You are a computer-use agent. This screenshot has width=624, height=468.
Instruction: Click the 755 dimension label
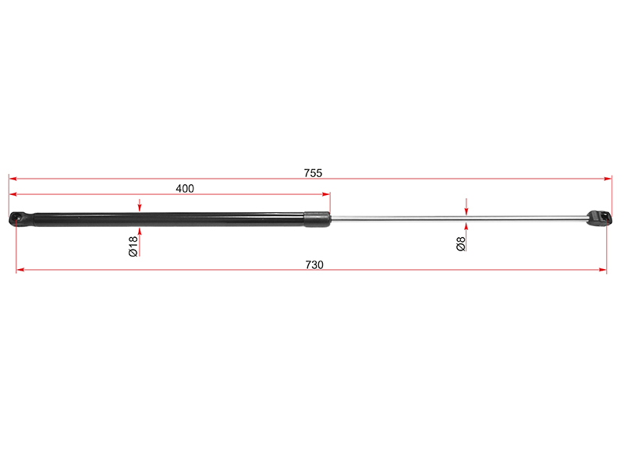[x=313, y=173]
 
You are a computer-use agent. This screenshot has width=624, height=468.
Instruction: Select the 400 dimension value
[x=185, y=189]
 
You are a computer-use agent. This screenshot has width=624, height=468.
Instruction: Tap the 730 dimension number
[x=314, y=265]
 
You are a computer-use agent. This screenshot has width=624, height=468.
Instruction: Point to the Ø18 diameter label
[x=133, y=246]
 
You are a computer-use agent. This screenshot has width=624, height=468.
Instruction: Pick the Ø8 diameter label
[x=461, y=244]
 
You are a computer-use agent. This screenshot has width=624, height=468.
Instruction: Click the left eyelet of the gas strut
[x=16, y=219]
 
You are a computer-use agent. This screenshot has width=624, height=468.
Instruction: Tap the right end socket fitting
[x=599, y=218]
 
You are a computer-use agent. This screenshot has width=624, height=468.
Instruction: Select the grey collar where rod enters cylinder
[x=317, y=219]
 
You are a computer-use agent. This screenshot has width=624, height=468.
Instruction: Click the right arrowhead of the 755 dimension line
[x=608, y=179]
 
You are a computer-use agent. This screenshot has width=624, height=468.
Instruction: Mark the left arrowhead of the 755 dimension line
[x=13, y=179]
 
